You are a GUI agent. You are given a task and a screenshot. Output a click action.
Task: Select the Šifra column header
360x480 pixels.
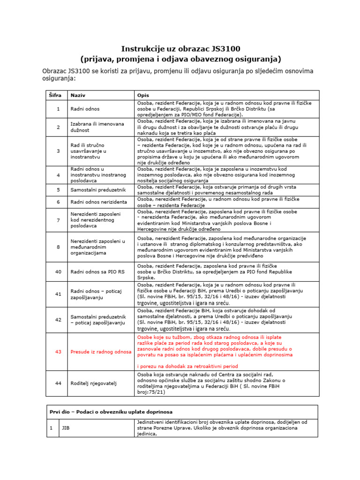55,95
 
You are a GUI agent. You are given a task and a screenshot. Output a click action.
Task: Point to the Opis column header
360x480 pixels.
142,95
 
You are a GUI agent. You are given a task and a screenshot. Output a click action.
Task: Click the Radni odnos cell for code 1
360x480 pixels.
85,109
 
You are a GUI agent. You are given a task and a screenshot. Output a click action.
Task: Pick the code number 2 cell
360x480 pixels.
58,127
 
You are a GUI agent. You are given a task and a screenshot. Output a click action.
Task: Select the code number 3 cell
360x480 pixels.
58,151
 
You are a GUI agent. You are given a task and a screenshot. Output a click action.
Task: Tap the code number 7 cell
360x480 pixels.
58,220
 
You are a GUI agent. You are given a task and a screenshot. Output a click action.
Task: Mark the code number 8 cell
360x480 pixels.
58,247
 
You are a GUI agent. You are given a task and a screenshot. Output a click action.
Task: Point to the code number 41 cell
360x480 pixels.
58,294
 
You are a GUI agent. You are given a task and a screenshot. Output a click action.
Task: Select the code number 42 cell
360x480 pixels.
58,320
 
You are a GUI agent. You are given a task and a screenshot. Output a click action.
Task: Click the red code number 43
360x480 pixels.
58,352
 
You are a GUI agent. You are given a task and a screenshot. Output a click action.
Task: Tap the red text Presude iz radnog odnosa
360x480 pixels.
101,352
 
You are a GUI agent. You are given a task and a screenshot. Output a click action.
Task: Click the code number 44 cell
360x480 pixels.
58,383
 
